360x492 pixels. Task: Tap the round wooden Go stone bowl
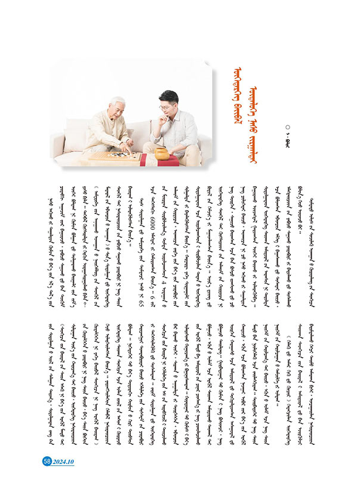(x=162, y=153)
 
